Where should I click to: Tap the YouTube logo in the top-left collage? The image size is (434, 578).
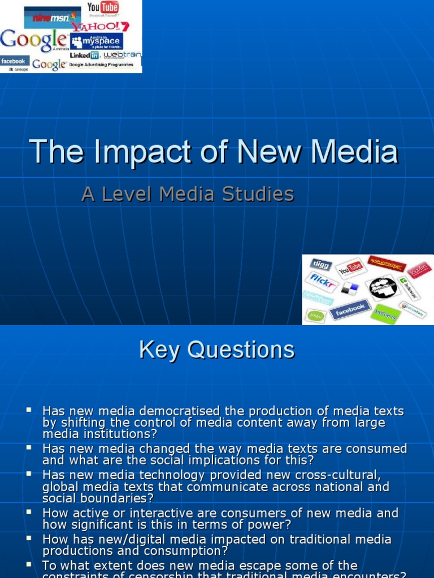(102, 8)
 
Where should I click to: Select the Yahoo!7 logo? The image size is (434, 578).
(108, 27)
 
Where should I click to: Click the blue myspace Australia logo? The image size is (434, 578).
(96, 41)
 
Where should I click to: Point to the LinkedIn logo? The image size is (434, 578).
(84, 56)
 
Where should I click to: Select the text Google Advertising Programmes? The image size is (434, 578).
(101, 65)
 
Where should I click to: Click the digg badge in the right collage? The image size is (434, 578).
(320, 264)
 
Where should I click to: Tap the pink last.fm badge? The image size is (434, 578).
(419, 270)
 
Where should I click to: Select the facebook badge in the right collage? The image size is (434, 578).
(350, 309)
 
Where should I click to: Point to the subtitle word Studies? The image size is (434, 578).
(261, 194)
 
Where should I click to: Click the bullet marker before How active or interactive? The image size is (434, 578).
(29, 511)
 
